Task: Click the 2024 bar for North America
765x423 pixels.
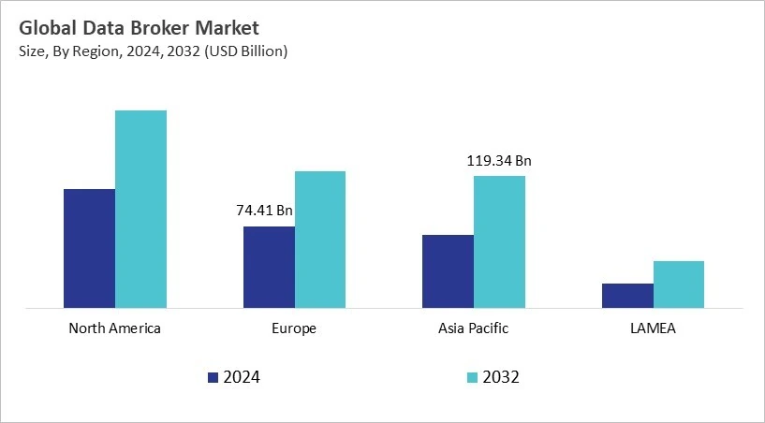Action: [x=89, y=248]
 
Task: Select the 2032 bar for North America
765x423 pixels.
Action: [x=140, y=209]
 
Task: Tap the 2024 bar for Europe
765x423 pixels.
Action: [x=269, y=267]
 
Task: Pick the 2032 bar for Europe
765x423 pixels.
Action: [x=320, y=239]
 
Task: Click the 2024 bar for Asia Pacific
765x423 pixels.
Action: [x=448, y=270]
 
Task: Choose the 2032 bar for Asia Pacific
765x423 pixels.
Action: [x=499, y=241]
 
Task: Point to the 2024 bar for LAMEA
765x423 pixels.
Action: [x=627, y=295]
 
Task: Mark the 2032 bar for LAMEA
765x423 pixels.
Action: [x=679, y=284]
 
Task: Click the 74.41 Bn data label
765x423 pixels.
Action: [x=264, y=211]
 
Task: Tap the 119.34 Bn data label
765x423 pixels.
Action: [x=499, y=161]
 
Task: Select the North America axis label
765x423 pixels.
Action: [x=115, y=328]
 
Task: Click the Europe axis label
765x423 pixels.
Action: [x=294, y=328]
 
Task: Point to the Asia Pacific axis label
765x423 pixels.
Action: [x=474, y=328]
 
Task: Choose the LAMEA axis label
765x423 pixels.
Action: [x=653, y=328]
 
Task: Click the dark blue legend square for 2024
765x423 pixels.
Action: [x=213, y=378]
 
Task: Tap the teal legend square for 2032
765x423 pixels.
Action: [x=472, y=378]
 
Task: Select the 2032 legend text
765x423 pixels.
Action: [x=502, y=378]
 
